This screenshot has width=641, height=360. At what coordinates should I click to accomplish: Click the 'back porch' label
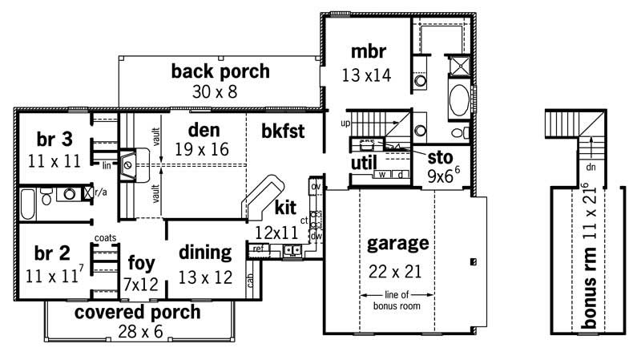coord(220,71)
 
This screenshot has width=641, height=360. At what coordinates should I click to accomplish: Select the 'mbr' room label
coord(369,53)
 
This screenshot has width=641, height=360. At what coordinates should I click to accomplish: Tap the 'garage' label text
coord(398,243)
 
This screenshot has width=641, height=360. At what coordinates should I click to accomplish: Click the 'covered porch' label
coord(137,312)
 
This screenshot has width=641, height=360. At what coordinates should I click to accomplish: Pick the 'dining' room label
coord(204,253)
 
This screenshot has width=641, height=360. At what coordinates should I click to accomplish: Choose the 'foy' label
coord(141,262)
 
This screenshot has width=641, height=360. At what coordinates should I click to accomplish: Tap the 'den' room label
coord(204,129)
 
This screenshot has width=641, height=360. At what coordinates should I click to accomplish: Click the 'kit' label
coord(286,208)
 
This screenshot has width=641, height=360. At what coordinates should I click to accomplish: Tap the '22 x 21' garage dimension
coord(397,270)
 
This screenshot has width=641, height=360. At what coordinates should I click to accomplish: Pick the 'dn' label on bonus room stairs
coord(591,168)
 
